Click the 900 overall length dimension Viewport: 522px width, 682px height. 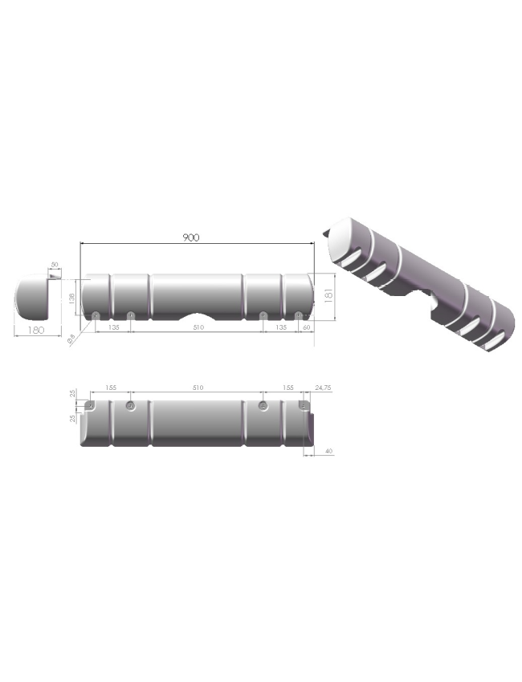click(190, 237)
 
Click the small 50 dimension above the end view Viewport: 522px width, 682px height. click(55, 266)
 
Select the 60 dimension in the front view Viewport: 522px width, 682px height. click(307, 327)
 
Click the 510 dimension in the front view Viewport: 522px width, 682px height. click(198, 327)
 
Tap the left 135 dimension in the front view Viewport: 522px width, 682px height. click(113, 327)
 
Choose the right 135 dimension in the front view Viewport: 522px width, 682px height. click(281, 327)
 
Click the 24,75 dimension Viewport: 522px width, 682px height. click(323, 388)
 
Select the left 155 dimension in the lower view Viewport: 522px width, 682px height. click(111, 388)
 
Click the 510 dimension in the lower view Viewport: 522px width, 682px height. click(198, 388)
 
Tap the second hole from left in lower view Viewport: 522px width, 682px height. click(131, 406)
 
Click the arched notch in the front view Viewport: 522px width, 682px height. click(198, 313)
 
